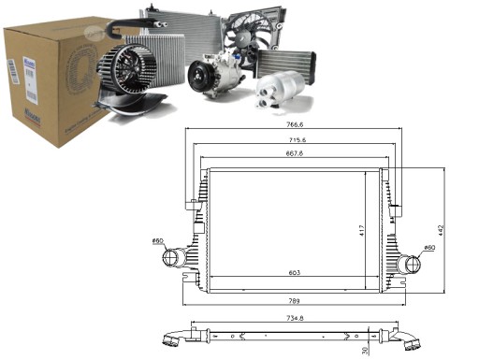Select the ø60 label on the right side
point(428,248)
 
